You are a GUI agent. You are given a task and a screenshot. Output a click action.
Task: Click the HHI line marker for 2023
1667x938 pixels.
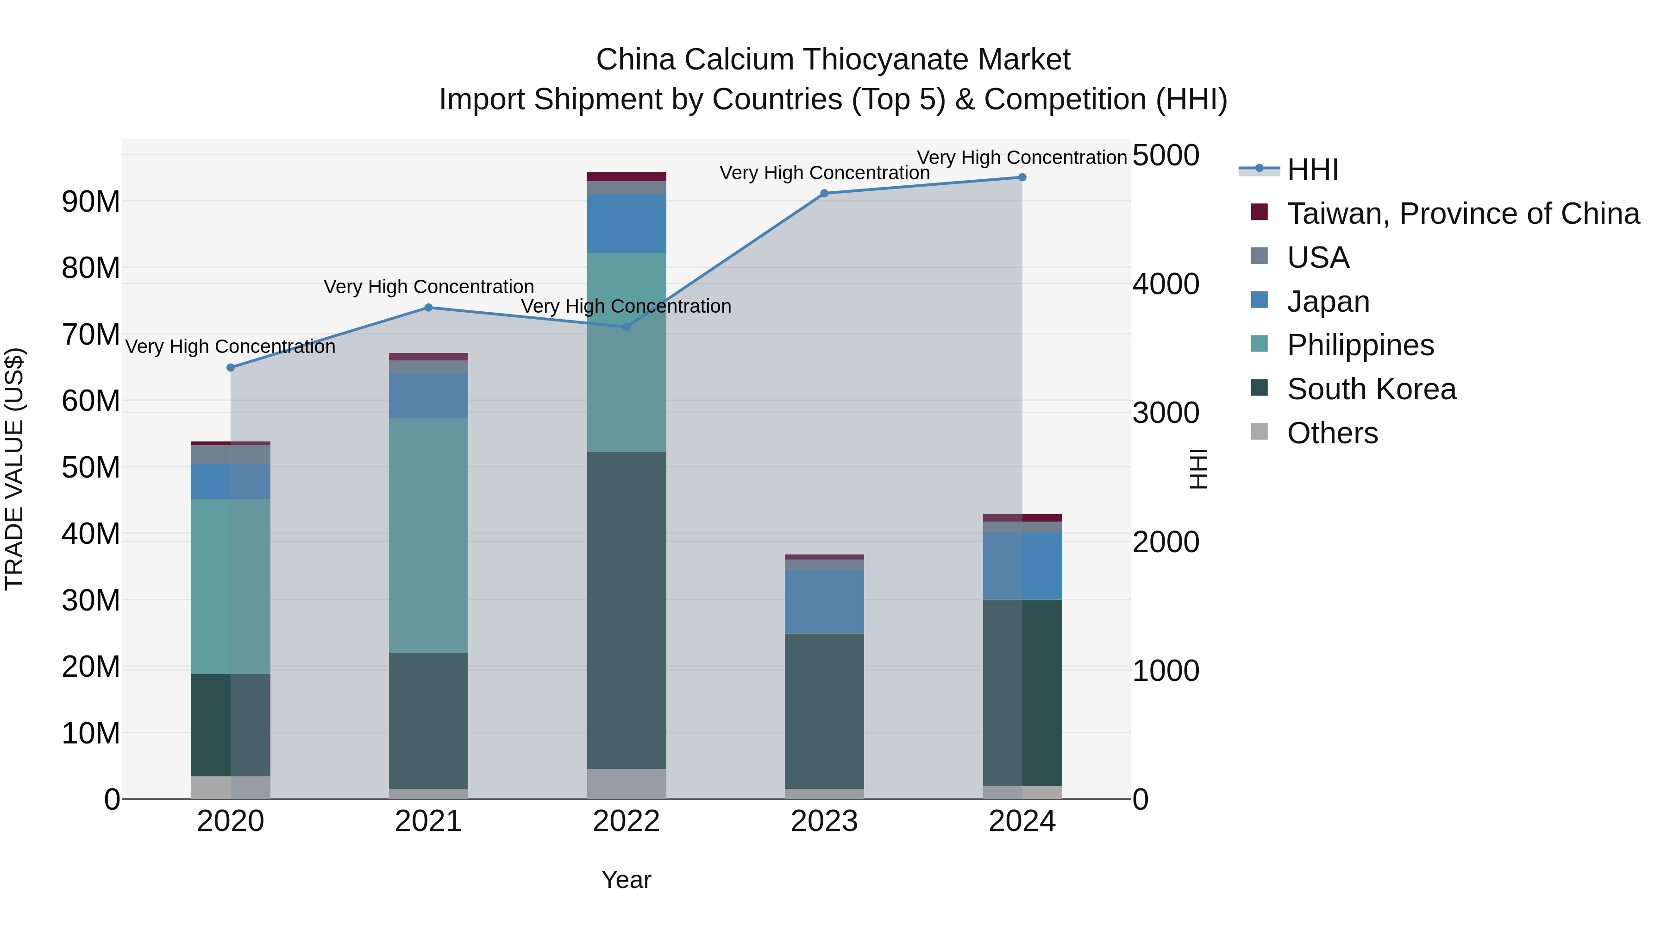point(824,194)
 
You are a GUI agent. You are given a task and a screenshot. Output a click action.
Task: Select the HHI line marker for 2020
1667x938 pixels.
point(231,368)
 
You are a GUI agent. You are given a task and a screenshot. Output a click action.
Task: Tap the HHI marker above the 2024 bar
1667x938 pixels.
point(1022,177)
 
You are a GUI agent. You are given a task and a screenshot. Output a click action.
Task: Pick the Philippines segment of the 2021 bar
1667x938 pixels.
point(428,535)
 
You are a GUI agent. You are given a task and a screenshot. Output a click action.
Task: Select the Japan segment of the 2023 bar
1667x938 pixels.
point(824,601)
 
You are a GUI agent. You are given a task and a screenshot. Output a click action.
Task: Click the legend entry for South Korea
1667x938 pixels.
point(1371,389)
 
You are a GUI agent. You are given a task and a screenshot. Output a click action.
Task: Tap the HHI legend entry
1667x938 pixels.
point(1312,170)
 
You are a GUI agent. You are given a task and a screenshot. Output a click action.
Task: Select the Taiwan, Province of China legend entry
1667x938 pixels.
point(1462,214)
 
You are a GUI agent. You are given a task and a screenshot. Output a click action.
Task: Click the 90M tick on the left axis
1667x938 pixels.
point(91,202)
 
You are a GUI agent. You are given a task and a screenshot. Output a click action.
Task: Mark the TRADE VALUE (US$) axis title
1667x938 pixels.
point(14,469)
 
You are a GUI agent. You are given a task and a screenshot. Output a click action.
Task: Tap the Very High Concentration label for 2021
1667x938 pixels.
point(428,287)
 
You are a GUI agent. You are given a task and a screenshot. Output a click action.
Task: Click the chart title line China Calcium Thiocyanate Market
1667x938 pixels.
point(833,60)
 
